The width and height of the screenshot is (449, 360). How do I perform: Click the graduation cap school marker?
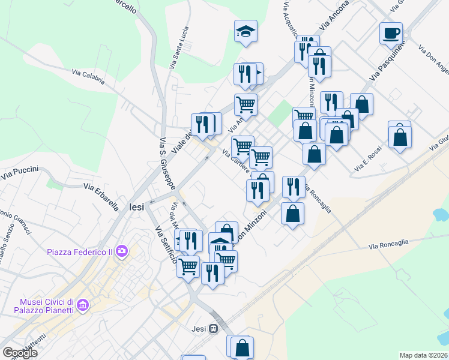(x=246, y=31)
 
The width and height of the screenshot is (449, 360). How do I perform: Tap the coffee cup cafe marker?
(x=391, y=33)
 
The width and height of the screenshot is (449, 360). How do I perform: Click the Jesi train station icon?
(x=213, y=328)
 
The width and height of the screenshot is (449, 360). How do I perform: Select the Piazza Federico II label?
(x=80, y=251)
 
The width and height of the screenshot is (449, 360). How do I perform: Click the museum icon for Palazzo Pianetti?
(x=83, y=306)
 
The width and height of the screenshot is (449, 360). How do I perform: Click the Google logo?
(x=20, y=353)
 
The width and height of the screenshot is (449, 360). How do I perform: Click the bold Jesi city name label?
(x=137, y=206)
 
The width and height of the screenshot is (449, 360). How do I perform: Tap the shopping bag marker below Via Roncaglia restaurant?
(x=292, y=214)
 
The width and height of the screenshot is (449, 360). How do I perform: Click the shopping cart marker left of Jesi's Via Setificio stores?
(x=188, y=265)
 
